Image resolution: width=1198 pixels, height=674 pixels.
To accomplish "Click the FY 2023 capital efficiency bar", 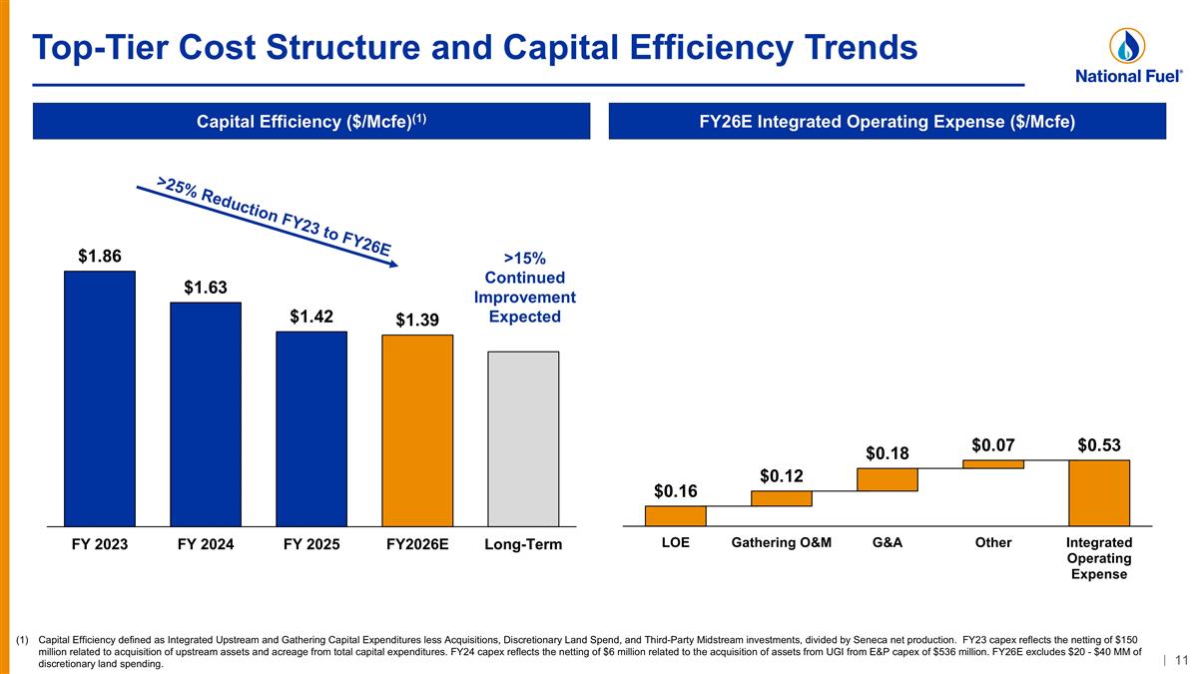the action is coord(100,398).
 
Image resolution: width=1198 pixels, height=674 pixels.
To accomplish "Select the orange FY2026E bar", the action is coord(417,430).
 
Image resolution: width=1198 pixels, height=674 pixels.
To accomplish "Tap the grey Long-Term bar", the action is coord(523,438).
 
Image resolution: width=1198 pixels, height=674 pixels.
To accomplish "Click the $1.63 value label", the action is coord(206,288).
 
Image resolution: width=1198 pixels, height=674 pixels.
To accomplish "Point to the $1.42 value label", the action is coord(311,317).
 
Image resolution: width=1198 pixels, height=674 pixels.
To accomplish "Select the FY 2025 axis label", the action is coord(311,544).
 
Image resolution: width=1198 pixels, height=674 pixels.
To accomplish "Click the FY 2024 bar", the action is coord(206,414).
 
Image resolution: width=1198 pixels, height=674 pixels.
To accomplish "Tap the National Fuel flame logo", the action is coord(1127,46).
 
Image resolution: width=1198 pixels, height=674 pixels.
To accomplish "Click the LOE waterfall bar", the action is coord(676,515).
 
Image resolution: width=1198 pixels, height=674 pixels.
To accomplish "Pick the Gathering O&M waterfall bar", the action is coord(782,498).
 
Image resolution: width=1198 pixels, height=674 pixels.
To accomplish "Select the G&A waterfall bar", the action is coord(888,479).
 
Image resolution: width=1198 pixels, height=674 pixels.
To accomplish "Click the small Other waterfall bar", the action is coord(993,463).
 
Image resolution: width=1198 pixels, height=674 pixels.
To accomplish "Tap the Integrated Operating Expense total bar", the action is coord(1099,492).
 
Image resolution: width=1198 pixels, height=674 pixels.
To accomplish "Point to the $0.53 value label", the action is coord(1099,445).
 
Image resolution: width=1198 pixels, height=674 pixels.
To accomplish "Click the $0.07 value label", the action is coord(993,445).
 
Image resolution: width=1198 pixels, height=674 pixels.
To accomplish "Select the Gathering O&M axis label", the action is coord(782,542).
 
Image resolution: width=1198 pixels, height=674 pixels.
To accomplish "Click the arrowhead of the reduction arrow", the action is coord(393,264).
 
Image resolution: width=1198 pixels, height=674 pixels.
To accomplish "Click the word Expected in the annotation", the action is coord(525,317).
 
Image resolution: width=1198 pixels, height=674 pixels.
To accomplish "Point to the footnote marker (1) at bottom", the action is coord(22,640).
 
